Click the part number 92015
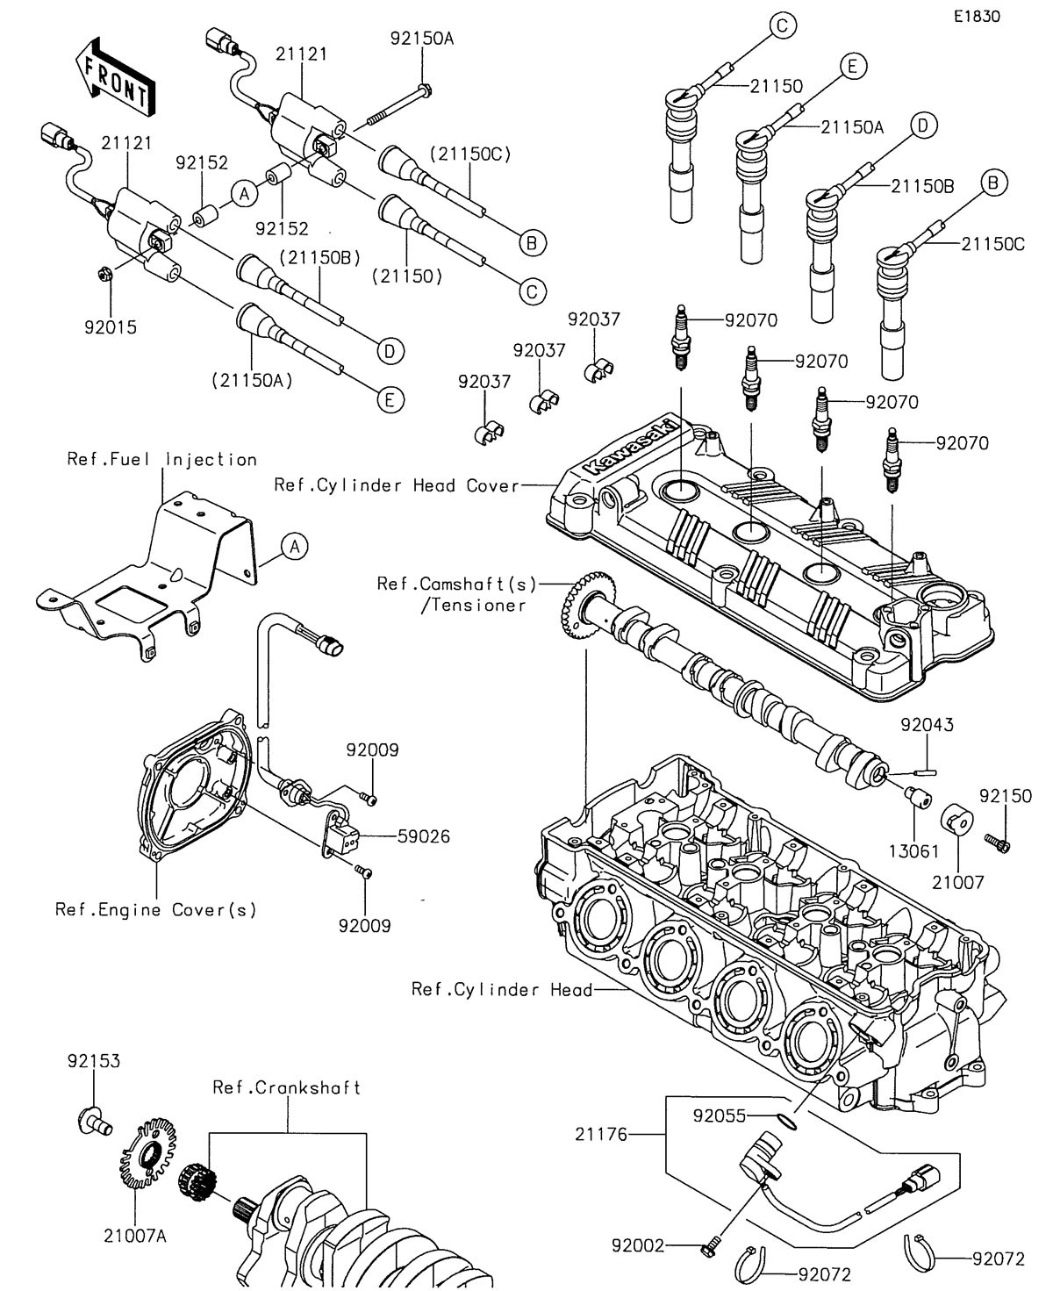(111, 328)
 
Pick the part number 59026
(422, 836)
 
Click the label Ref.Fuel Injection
(162, 459)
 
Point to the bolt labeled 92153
(91, 1120)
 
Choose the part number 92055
(719, 1115)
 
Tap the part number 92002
(639, 1244)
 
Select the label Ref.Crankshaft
(287, 1087)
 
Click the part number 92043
(927, 725)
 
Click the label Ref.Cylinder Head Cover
(397, 484)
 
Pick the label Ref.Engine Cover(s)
(156, 909)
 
